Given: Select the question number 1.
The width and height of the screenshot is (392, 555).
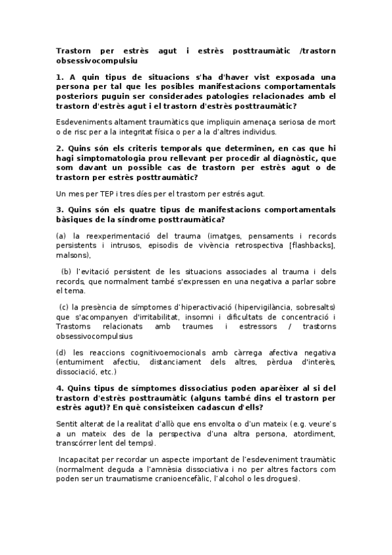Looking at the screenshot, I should pos(60,77).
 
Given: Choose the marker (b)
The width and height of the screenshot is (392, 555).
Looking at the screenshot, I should pos(66,272).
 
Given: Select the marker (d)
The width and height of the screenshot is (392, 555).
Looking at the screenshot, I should pos(62,353).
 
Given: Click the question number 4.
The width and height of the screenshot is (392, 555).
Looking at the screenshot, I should pos(60,388).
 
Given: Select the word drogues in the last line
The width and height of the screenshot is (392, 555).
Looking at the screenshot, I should pos(283,479).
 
